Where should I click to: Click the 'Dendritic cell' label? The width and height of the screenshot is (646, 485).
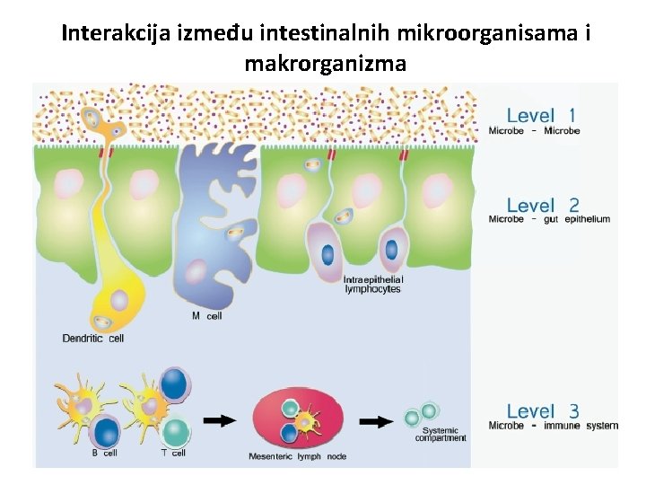pyautogui.click(x=93, y=339)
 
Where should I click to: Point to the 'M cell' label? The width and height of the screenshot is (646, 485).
pyautogui.click(x=206, y=316)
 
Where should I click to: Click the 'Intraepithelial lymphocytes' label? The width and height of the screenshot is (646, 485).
pyautogui.click(x=373, y=285)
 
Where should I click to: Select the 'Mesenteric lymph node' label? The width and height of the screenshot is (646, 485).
pyautogui.click(x=297, y=457)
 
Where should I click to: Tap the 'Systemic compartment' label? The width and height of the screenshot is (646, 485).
pyautogui.click(x=441, y=435)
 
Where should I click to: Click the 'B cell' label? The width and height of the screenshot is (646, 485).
pyautogui.click(x=104, y=454)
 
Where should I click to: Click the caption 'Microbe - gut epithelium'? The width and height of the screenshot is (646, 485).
pyautogui.click(x=549, y=219)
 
